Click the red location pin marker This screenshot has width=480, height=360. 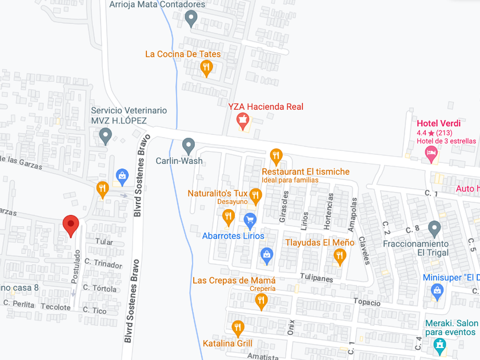pyautogui.click(x=71, y=225)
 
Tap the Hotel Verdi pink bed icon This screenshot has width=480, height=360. pyautogui.click(x=431, y=152)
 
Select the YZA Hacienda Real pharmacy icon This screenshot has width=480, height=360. pyautogui.click(x=242, y=121)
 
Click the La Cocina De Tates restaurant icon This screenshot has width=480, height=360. pyautogui.click(x=207, y=68)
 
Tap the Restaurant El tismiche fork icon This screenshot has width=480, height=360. pyautogui.click(x=276, y=155)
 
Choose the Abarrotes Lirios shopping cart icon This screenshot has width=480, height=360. pyautogui.click(x=250, y=219)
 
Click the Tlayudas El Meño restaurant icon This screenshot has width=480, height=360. pyautogui.click(x=340, y=256)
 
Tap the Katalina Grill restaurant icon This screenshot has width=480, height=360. pyautogui.click(x=238, y=328)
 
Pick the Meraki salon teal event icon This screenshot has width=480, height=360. pyautogui.click(x=439, y=345)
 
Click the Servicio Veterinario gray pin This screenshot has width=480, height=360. pyautogui.click(x=105, y=135)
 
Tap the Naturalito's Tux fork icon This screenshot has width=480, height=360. pyautogui.click(x=255, y=196)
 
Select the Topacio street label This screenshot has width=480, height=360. pyautogui.click(x=366, y=302)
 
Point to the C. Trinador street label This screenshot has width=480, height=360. pyautogui.click(x=103, y=265)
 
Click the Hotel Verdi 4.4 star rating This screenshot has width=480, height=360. pyautogui.click(x=434, y=133)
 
